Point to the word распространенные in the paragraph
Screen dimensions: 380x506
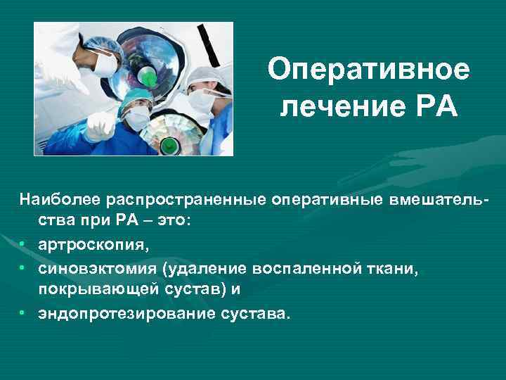tap(186, 202)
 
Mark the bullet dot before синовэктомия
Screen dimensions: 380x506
tap(22, 269)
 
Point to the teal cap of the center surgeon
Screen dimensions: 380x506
tap(134, 99)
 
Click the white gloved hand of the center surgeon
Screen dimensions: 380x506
tap(99, 127)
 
